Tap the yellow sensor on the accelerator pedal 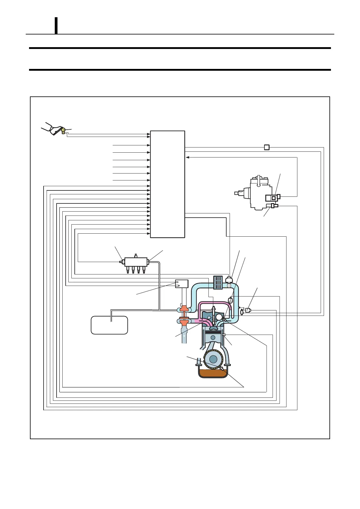click(x=63, y=131)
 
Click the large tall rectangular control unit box click(x=167, y=184)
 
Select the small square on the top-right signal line click(x=267, y=148)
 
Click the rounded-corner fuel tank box click(x=109, y=325)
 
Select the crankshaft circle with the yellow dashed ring click(x=213, y=359)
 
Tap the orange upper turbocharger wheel click(x=184, y=309)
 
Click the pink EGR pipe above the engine click(x=212, y=303)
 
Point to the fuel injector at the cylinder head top click(x=214, y=313)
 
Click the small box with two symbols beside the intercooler click(x=182, y=284)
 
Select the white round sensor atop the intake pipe click(x=229, y=280)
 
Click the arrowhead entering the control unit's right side click(x=188, y=157)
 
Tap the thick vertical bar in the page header click(x=56, y=25)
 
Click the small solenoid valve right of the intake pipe click(x=248, y=310)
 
